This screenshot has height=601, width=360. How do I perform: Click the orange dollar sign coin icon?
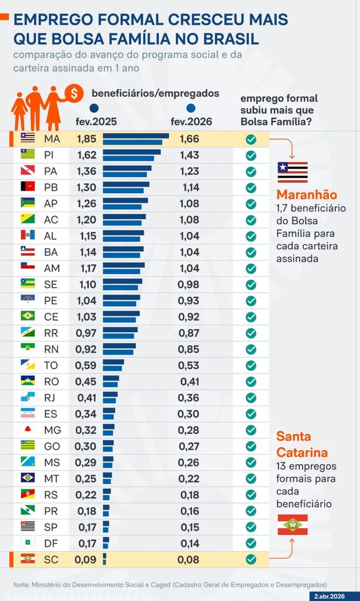coord(74,93)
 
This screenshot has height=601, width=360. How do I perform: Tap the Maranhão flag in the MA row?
coord(28,138)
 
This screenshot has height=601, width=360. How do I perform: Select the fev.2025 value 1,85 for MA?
coord(87,139)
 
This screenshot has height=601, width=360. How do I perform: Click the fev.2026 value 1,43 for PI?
coord(190,155)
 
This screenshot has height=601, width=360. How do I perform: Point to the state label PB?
coord(51,187)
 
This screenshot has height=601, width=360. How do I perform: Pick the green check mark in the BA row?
coord(251,252)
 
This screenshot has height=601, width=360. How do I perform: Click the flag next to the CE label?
coord(28,316)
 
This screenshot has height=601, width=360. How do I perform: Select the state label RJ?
coord(50,398)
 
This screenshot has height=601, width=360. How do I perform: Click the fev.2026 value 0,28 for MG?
coord(189,430)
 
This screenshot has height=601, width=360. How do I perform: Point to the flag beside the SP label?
coord(28,526)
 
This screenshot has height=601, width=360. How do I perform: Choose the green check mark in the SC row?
coord(251,559)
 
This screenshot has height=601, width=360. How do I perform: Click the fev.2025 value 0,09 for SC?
coord(86,559)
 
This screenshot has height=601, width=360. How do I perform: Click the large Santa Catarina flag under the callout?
coord(292,525)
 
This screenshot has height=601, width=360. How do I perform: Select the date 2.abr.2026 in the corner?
coord(329,597)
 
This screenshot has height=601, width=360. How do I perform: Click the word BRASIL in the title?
coord(230,39)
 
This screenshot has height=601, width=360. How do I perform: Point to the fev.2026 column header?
coord(191,122)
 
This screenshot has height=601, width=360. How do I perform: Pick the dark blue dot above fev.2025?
coord(94,109)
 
